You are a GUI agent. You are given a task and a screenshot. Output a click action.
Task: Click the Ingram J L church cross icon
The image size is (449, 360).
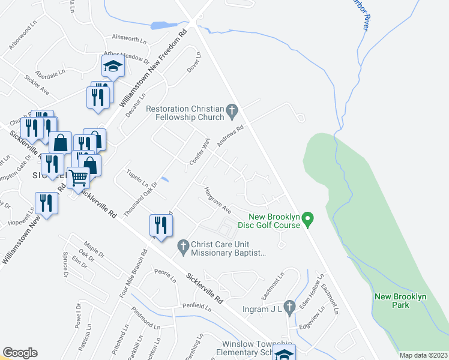289,308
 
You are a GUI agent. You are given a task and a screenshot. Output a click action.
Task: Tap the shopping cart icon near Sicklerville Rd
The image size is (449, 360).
78,177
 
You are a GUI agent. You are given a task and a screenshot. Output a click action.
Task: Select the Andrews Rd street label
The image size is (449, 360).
231,136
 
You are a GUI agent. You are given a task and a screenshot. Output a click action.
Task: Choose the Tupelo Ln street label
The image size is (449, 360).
137,178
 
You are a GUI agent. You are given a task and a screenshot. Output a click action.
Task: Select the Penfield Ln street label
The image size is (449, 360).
198,308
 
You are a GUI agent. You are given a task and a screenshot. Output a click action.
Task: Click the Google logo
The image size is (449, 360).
20,353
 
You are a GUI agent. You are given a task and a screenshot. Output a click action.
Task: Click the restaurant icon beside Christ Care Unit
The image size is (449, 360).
161,225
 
